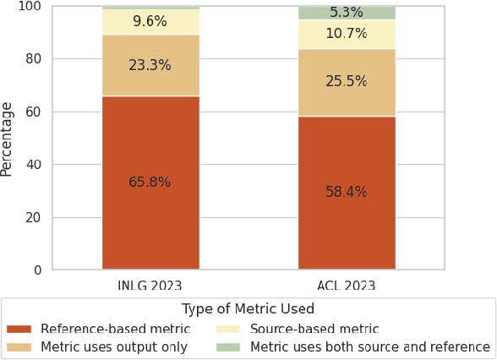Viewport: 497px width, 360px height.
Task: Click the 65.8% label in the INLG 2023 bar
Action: pos(150,183)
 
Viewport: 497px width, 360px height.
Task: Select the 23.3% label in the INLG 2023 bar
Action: pos(150,66)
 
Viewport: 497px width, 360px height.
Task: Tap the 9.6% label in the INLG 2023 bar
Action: pos(150,22)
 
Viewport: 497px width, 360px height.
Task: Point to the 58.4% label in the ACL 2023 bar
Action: pos(346,193)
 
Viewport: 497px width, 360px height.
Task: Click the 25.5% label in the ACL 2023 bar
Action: pos(346,82)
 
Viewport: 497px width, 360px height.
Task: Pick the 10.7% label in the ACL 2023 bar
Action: pos(346,35)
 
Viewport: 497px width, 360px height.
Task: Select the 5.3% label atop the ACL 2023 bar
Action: pos(346,13)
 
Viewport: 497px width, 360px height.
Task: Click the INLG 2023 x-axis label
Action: pos(150,286)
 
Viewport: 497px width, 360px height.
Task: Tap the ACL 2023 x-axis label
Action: pos(346,286)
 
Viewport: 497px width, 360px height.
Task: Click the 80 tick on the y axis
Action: pos(34,59)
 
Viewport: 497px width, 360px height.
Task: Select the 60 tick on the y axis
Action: pos(34,112)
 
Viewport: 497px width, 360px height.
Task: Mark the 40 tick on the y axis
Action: pos(34,165)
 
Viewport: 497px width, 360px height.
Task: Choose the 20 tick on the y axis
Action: pos(34,218)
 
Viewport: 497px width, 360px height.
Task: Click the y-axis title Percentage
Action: pos(8,139)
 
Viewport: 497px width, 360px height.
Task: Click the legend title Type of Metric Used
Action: pos(248,309)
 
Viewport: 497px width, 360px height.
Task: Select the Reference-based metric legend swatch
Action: pos(19,330)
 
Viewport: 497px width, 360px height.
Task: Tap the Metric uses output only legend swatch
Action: pos(19,347)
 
